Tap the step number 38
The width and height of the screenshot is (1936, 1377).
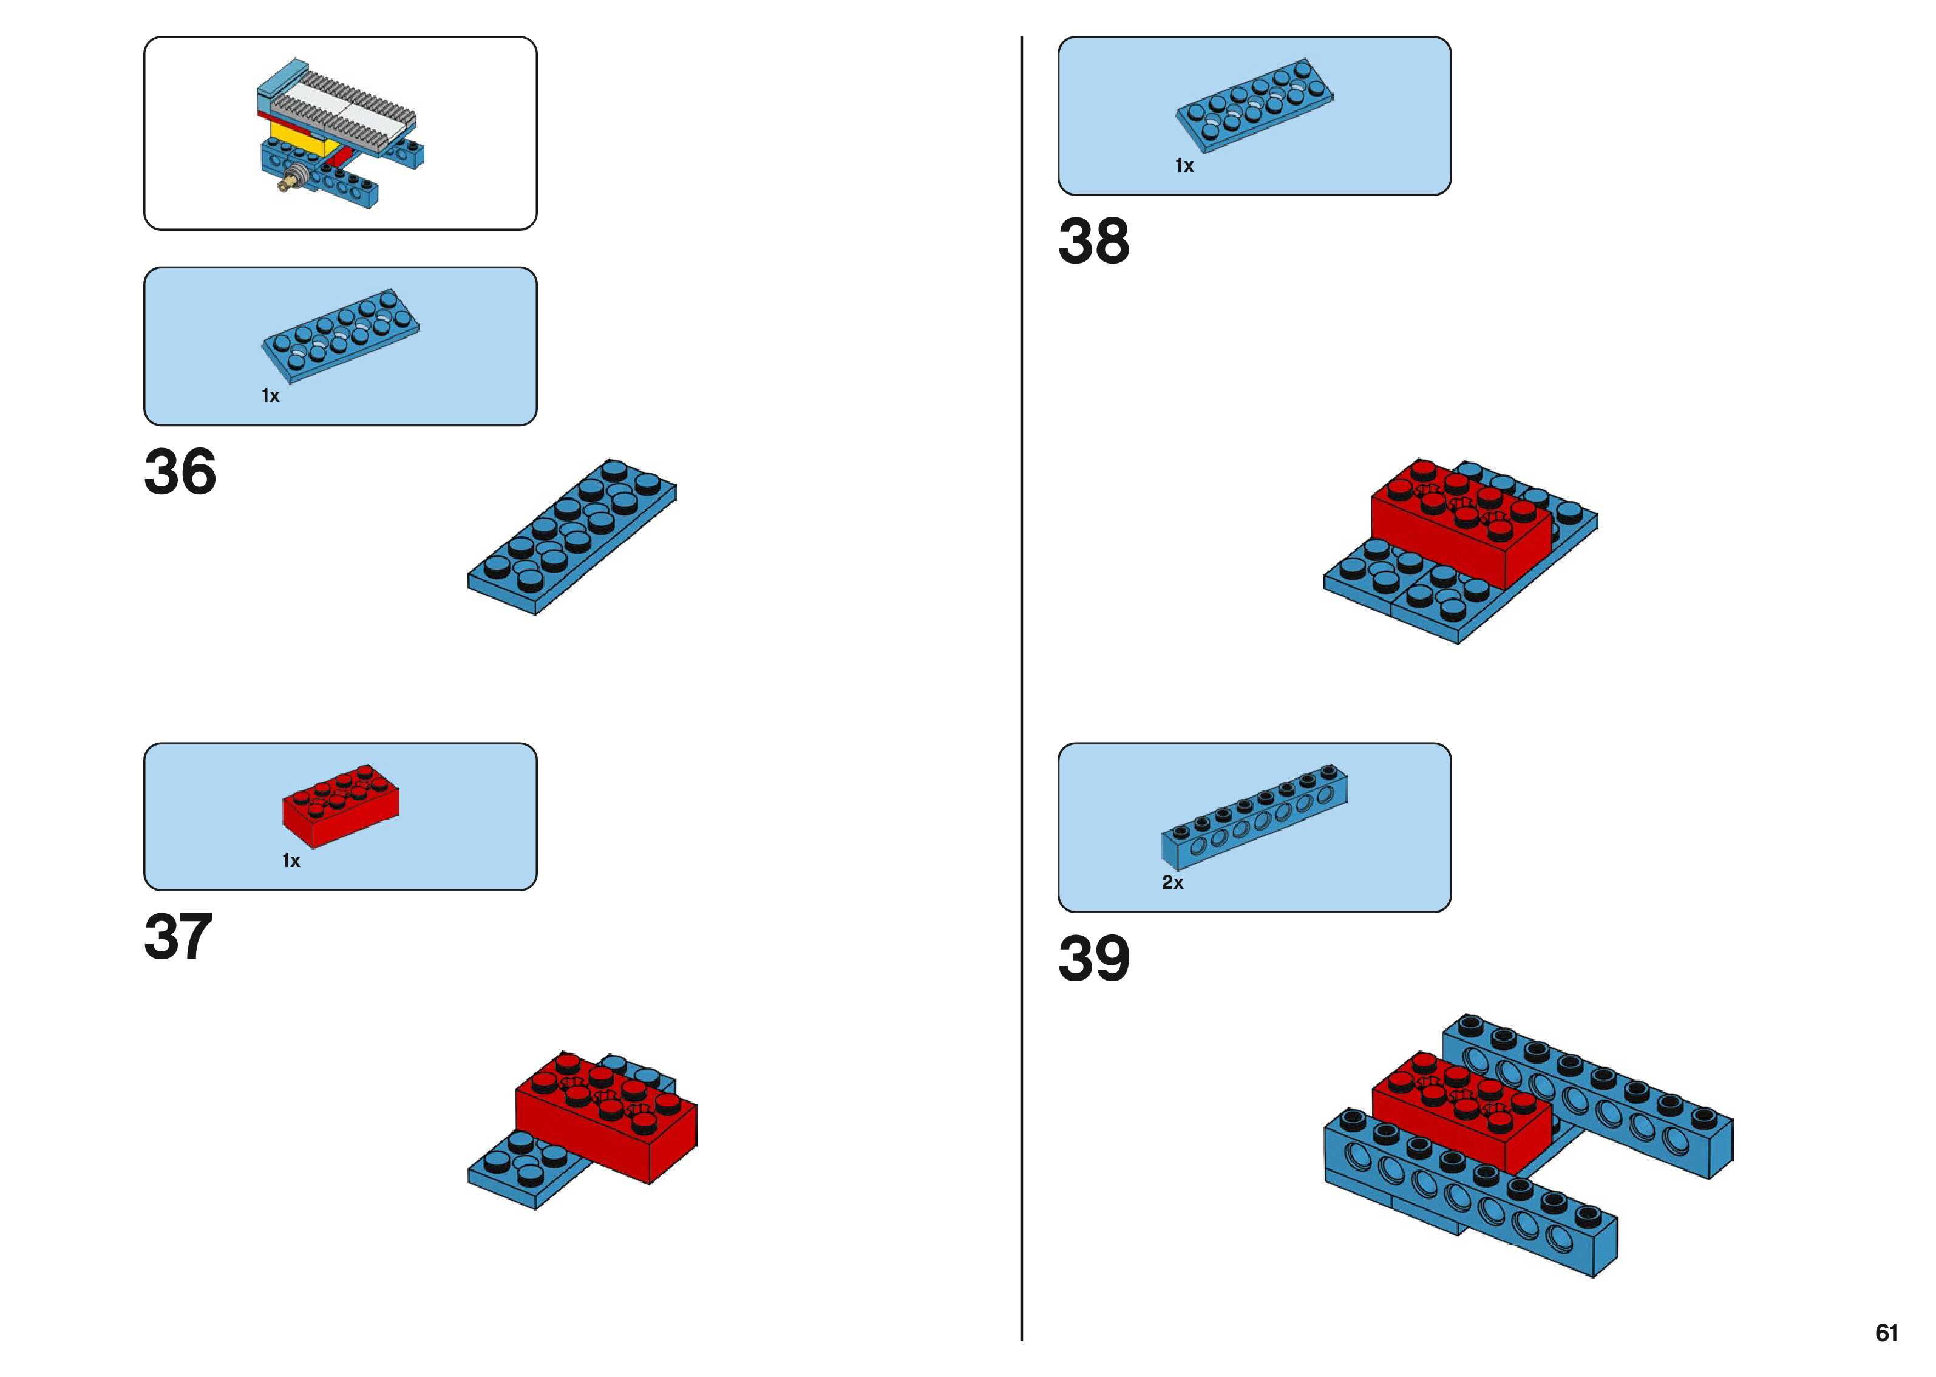[x=1093, y=241]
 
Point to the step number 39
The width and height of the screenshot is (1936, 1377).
[x=1093, y=959]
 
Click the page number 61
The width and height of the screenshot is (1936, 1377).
[x=1886, y=1333]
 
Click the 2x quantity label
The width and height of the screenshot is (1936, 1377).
[x=1172, y=883]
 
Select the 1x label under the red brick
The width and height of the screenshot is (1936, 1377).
[x=291, y=862]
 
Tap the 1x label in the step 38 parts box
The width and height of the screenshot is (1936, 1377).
[x=1184, y=166]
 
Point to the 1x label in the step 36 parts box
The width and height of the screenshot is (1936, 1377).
[x=270, y=396]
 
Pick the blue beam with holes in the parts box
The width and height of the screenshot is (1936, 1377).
[x=1254, y=819]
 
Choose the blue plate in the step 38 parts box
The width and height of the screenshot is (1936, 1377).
[x=1254, y=106]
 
